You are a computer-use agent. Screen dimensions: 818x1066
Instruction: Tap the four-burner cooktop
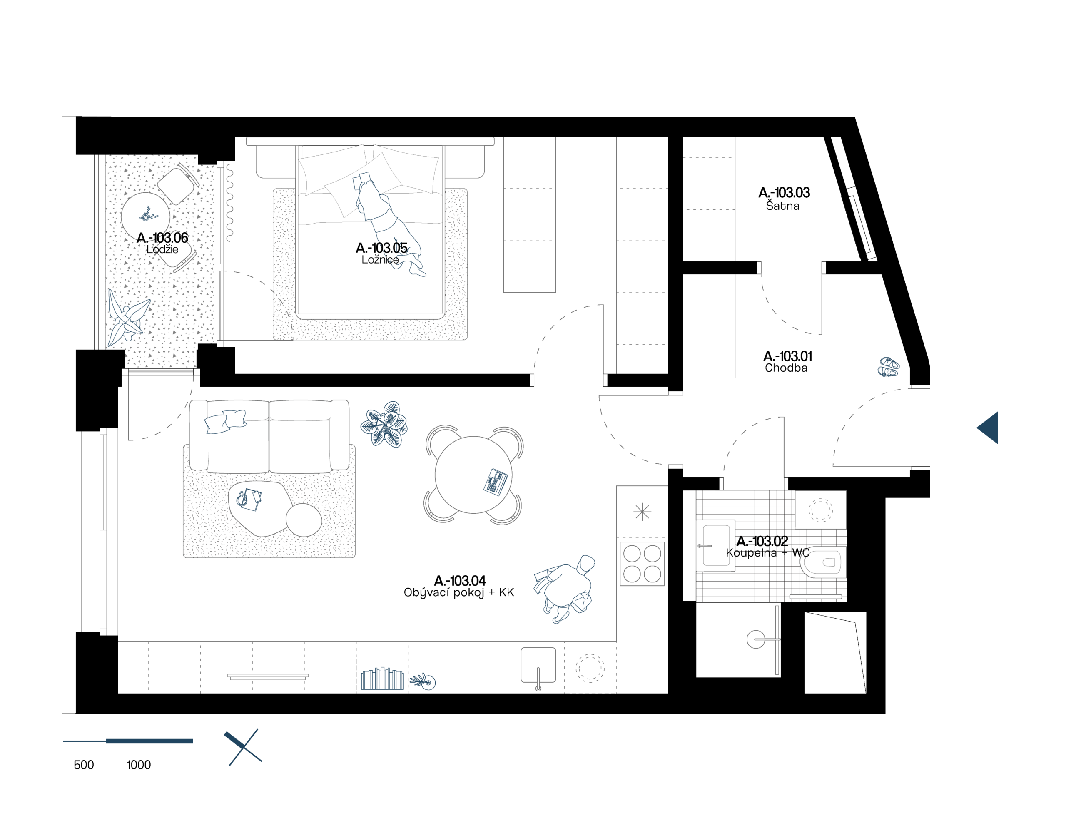(642, 563)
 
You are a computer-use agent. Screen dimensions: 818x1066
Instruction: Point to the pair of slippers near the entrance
(888, 367)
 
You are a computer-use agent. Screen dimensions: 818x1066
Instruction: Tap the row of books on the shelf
(382, 679)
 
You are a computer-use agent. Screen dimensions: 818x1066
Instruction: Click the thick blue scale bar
(149, 741)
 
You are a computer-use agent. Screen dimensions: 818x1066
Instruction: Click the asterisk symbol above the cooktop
(642, 512)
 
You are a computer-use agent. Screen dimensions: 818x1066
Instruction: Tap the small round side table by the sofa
(303, 520)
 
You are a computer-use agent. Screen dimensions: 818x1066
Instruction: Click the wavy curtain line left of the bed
(229, 203)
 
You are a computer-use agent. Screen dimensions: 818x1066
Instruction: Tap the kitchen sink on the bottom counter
(538, 665)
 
